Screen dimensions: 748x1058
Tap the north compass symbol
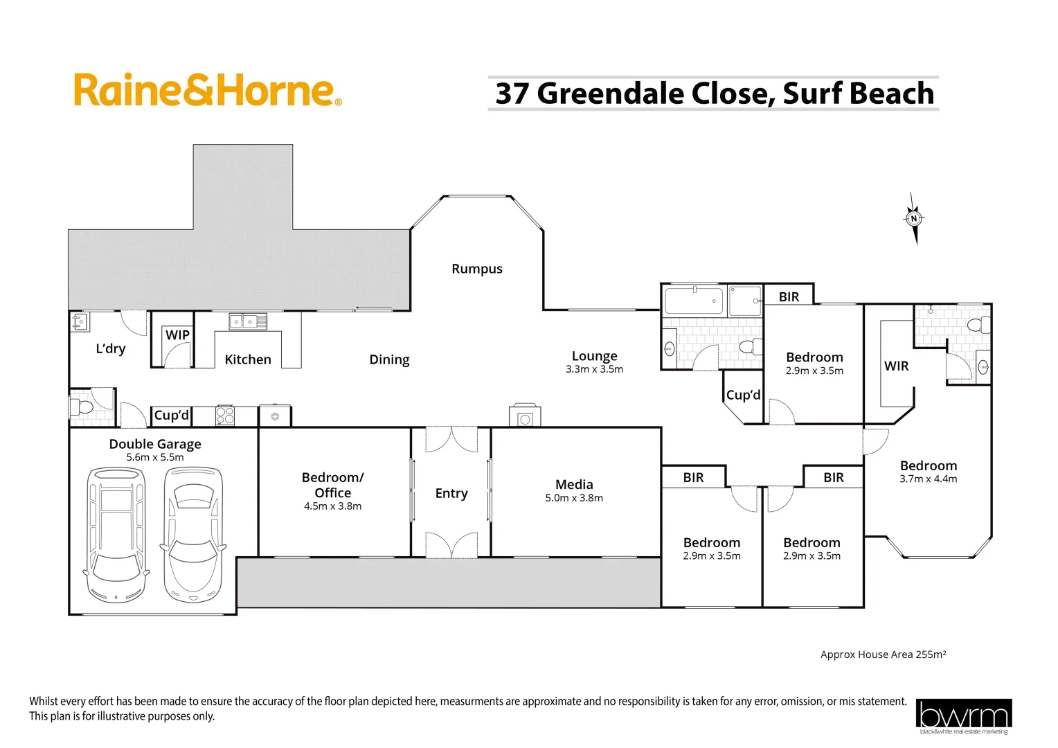[914, 219]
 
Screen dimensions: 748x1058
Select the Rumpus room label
[477, 269]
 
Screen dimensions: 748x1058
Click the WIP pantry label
[177, 335]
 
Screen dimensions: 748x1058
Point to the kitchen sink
[248, 321]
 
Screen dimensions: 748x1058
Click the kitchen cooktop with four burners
[225, 416]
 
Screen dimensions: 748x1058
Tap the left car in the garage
[116, 535]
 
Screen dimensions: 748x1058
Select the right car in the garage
[193, 535]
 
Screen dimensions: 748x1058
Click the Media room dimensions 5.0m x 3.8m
[574, 498]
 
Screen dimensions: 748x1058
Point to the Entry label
[451, 493]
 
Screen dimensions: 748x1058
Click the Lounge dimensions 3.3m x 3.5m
[594, 369]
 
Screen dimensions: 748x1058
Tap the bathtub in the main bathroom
[694, 301]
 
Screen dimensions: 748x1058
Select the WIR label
[896, 366]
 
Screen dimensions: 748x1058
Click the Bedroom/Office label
[332, 485]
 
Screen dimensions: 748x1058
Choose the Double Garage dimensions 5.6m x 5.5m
[155, 457]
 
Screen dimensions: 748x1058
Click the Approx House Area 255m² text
[883, 654]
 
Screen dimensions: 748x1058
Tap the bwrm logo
[963, 716]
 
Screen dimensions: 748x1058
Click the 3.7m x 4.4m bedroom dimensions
[928, 479]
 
